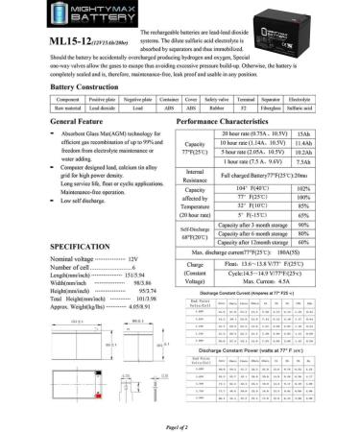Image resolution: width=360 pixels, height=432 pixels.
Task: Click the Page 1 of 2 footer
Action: (x=180, y=424)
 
